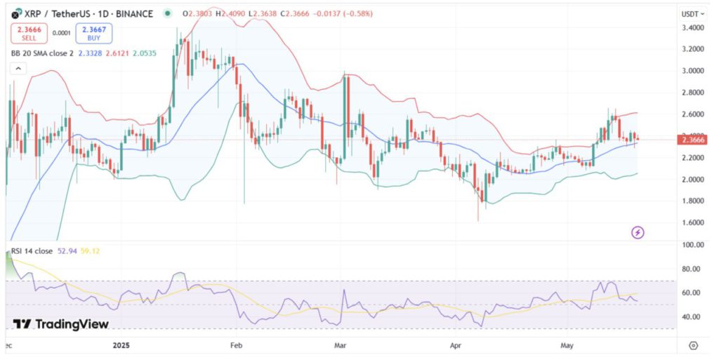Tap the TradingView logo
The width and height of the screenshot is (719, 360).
pos(62,324)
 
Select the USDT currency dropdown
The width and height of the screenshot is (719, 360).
pos(693,13)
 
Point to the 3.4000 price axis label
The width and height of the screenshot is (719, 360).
pos(692,27)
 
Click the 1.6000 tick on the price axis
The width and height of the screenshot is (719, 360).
pos(692,222)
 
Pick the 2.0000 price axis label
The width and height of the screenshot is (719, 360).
pos(692,179)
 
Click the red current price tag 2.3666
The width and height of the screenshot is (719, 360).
pos(693,140)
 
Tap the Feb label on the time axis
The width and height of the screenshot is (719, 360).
pos(236,345)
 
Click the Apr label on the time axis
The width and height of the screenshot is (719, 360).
pos(455,345)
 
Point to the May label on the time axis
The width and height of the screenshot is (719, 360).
pos(566,345)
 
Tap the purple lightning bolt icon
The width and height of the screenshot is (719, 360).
pos(638,232)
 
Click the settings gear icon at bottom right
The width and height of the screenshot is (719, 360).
pos(693,345)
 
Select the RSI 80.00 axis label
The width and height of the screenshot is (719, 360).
pos(692,269)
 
